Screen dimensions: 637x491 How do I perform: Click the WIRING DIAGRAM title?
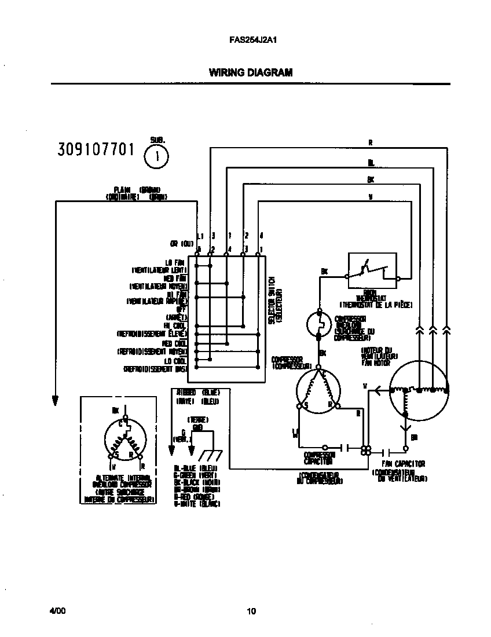coord(250,73)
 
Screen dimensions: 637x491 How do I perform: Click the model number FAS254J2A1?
coord(250,41)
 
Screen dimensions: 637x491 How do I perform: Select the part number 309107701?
coord(96,150)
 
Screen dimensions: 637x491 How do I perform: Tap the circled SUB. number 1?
coord(156,156)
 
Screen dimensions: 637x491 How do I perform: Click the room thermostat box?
coord(372,270)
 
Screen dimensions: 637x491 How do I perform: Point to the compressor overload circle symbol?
coord(318,324)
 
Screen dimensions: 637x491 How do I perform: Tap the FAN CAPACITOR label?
coord(404,464)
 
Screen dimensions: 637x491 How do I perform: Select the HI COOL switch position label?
coord(175,325)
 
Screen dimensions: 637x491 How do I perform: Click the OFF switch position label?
coord(180,309)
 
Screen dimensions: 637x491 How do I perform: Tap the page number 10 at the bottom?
coord(250,611)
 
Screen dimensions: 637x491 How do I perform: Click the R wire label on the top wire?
coord(371,142)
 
